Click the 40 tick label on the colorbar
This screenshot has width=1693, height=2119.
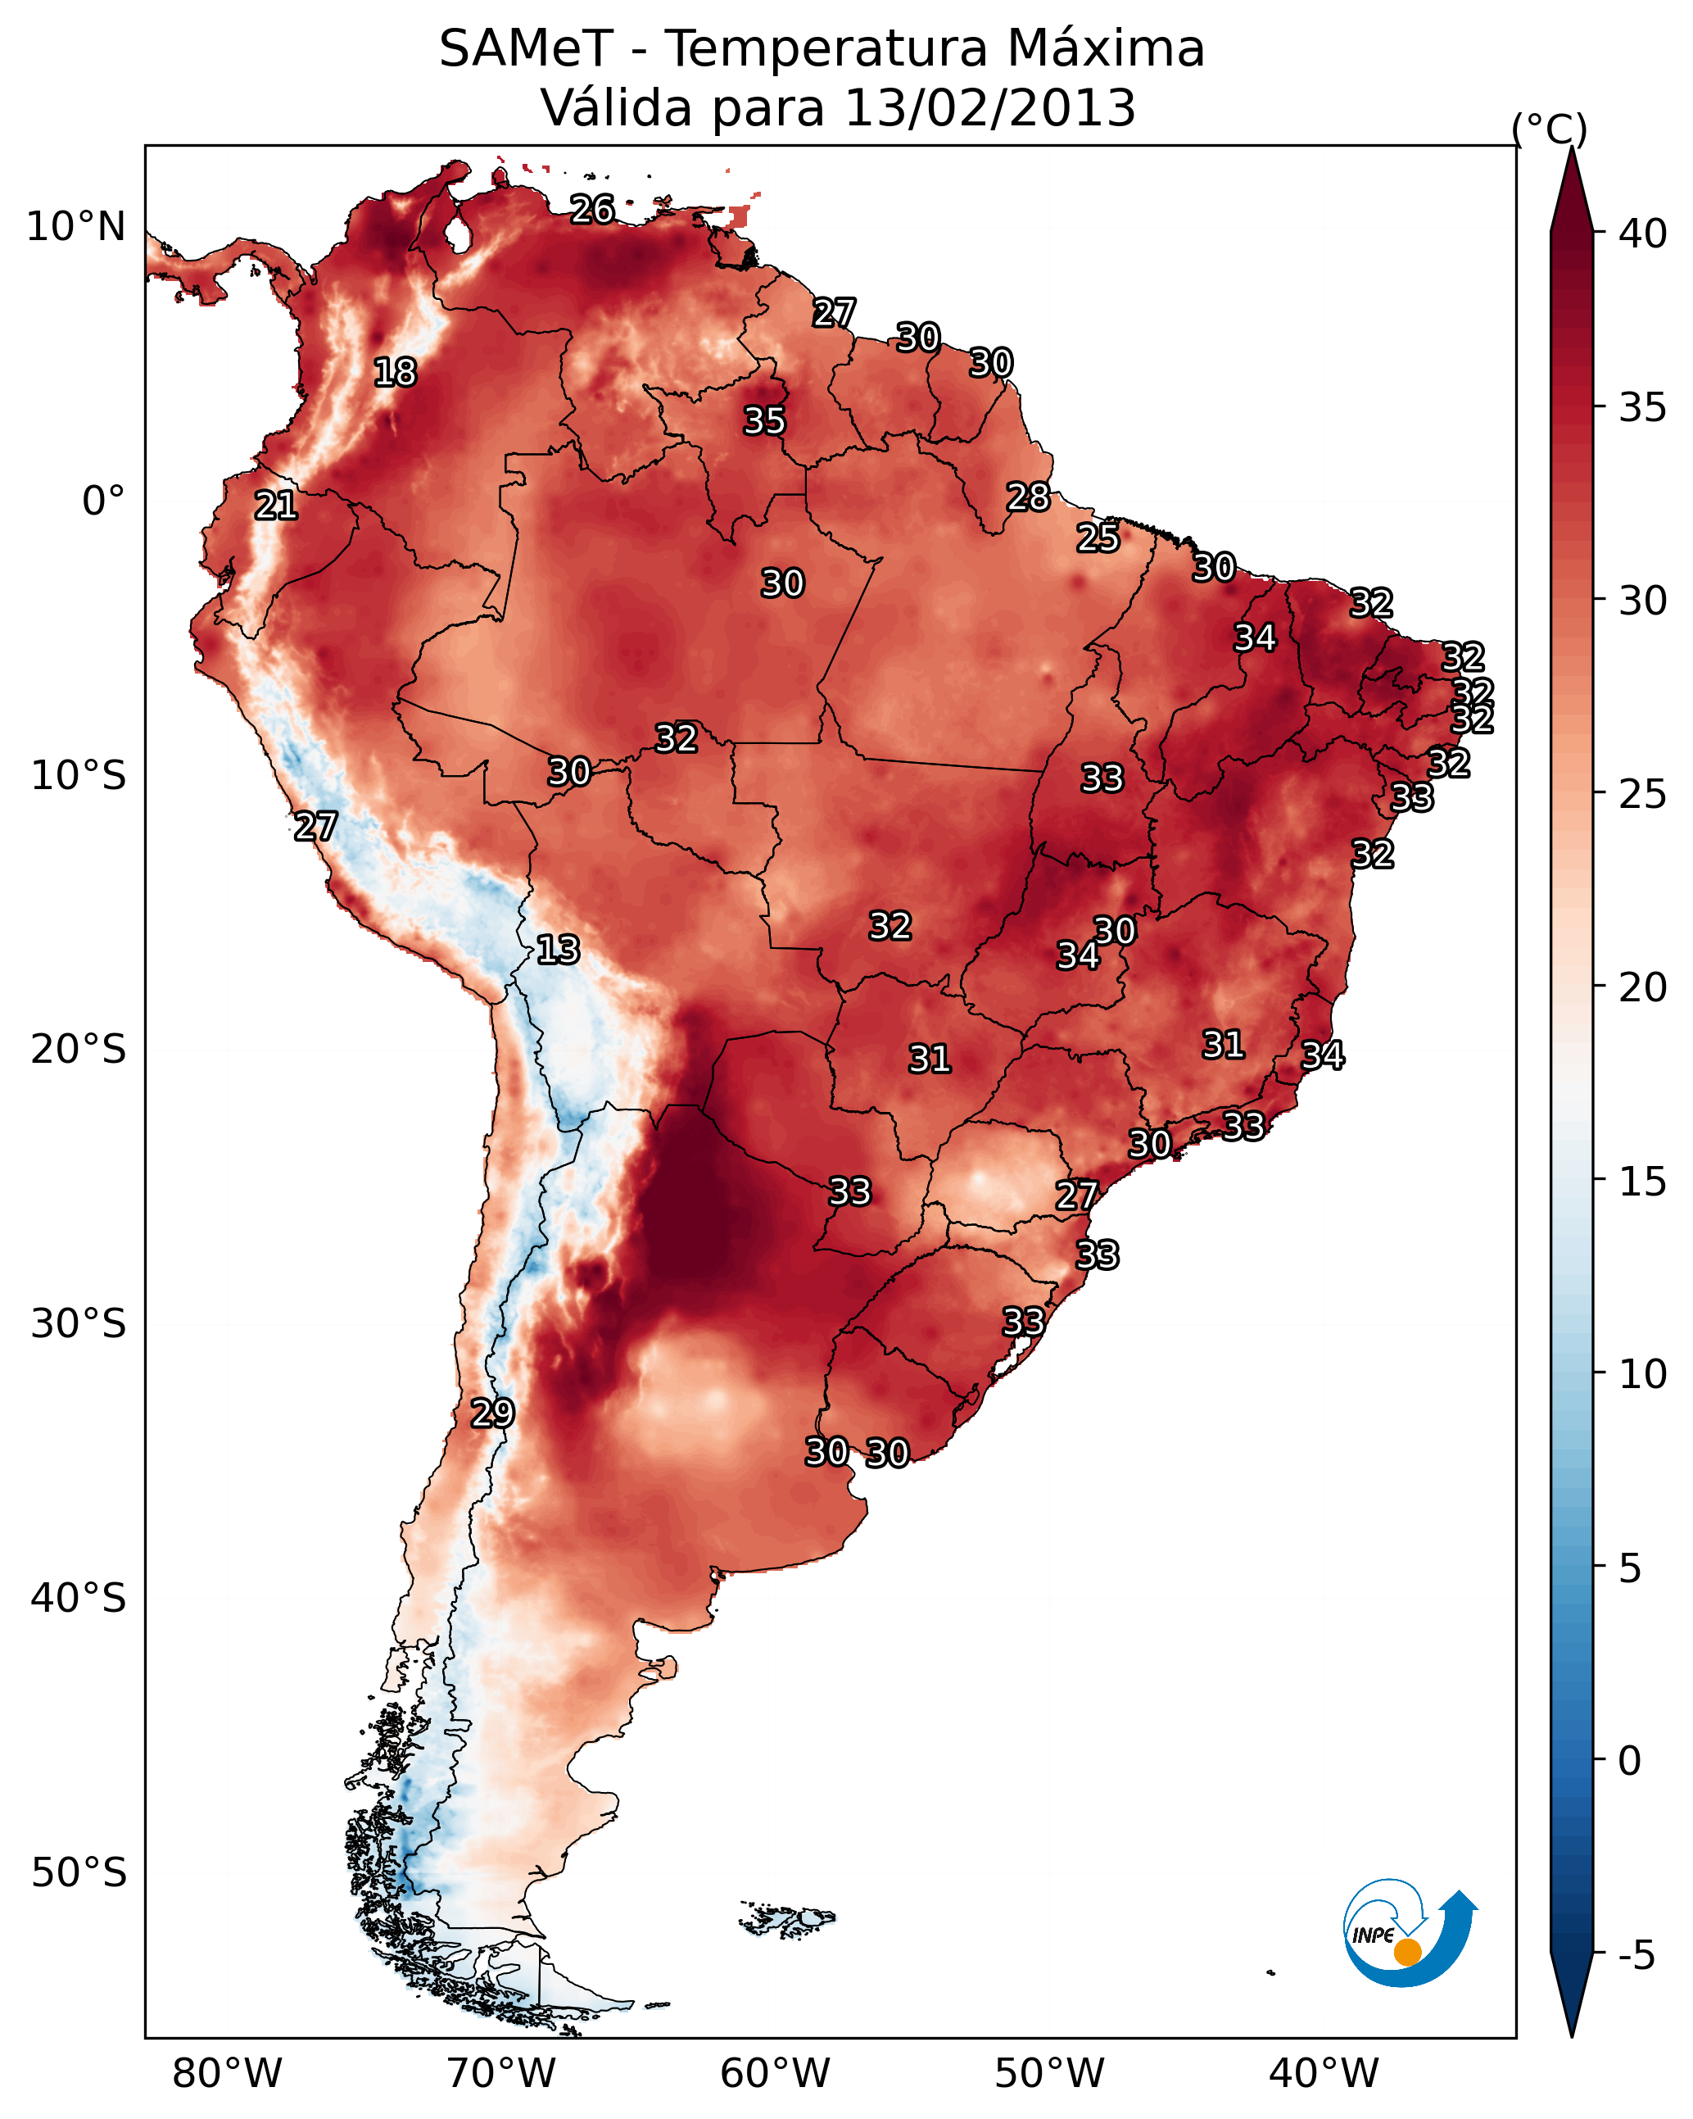coord(1643,234)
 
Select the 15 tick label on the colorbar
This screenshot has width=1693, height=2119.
coord(1643,1182)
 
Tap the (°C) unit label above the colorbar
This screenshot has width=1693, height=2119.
coord(1550,129)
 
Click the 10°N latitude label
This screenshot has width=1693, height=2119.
coord(75,227)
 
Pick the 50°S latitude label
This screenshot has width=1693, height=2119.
coord(79,1873)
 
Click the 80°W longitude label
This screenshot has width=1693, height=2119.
coord(227,2073)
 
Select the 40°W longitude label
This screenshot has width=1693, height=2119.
coord(1324,2073)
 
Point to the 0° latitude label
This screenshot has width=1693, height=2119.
coord(103,501)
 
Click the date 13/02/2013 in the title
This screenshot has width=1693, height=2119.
coord(989,108)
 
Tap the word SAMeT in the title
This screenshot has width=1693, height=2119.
coord(527,49)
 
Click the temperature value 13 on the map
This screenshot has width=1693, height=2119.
coord(558,950)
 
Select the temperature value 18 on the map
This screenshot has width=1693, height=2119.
coord(395,373)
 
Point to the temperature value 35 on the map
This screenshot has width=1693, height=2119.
coord(764,420)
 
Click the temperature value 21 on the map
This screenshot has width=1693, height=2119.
coord(276,506)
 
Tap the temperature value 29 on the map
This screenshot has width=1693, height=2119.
coord(492,1413)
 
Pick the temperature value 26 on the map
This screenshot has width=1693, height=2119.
coord(592,209)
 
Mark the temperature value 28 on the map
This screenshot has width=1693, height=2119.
coord(1029,497)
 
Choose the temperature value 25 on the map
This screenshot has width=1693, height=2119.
coord(1098,538)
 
